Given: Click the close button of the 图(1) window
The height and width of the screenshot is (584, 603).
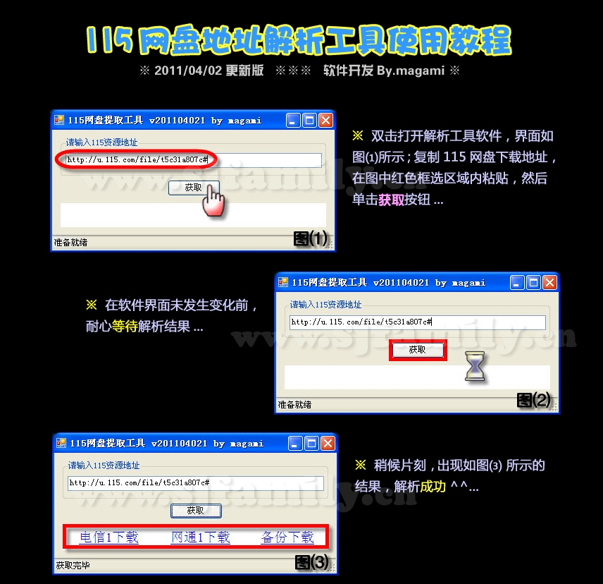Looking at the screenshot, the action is [326, 121].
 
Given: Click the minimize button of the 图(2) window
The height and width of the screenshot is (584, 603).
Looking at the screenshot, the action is [516, 283].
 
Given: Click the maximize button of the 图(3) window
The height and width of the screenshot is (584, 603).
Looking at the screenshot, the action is [311, 444].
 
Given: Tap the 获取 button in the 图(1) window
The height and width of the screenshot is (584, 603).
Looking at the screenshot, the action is [194, 188].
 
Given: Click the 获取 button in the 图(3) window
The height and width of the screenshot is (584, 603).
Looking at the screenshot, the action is [196, 511].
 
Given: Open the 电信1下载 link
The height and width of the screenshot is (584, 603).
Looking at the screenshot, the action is [108, 537].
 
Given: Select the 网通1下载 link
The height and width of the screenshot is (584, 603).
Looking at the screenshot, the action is [200, 537].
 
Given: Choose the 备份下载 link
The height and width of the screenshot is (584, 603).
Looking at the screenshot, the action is [287, 537].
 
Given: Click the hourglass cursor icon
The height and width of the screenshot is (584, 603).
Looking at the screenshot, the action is [475, 366].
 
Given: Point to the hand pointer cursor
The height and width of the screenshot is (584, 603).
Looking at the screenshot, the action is [213, 200].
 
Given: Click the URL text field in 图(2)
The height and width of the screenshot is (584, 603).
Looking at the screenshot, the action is [417, 322].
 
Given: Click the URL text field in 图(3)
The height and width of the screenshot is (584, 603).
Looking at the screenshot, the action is [196, 483].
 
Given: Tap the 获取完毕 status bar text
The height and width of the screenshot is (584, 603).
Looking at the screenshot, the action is [73, 565].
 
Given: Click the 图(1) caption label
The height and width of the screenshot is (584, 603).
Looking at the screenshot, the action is [311, 238].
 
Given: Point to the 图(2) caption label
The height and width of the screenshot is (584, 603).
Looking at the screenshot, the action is [534, 401].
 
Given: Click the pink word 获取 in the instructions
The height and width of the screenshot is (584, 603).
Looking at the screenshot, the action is [391, 200].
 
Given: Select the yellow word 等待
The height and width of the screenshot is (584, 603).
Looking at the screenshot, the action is [125, 327].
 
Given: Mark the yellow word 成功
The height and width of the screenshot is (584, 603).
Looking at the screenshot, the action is [433, 487].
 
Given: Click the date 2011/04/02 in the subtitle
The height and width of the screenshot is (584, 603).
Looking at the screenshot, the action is [188, 71].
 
